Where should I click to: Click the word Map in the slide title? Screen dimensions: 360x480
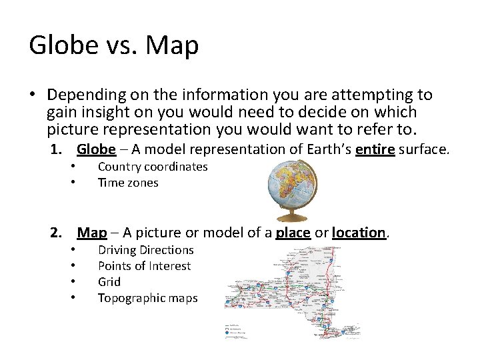point(173,45)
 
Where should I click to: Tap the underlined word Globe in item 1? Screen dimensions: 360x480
point(96,149)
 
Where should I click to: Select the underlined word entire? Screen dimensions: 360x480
point(375,149)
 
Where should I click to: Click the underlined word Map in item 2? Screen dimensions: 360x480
point(92,233)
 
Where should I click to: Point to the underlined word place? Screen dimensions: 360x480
point(293,233)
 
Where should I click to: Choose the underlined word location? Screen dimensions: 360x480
point(359,233)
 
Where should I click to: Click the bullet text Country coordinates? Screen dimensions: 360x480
point(153,167)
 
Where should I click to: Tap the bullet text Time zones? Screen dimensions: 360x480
point(128,183)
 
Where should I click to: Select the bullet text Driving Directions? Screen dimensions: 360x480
point(145,250)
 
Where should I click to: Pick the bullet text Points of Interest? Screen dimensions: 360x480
point(144,266)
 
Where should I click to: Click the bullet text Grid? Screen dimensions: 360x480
point(109,282)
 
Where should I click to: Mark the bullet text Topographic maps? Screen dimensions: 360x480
point(147,298)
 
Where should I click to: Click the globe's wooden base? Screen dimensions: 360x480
point(291,217)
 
